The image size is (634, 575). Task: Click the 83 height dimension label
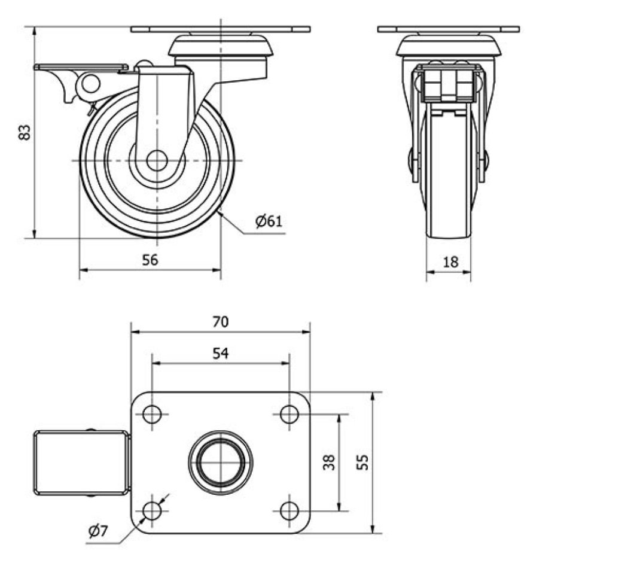25,132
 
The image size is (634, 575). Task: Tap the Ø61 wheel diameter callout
269,221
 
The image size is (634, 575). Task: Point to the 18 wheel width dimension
451,261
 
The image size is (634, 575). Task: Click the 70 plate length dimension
221,322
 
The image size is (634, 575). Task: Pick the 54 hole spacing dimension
221,354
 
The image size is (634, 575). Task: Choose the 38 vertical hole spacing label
328,463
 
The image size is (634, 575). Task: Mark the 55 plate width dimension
362,463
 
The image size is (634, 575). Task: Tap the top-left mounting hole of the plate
153,414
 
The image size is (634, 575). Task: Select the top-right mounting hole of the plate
289,414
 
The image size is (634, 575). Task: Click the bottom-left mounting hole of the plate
153,511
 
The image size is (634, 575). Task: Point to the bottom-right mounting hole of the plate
289,511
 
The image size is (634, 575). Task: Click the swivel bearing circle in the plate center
221,463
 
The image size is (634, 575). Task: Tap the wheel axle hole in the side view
157,160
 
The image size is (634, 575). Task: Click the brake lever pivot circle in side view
90,84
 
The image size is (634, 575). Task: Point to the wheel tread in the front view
449,180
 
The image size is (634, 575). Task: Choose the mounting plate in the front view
449,29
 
